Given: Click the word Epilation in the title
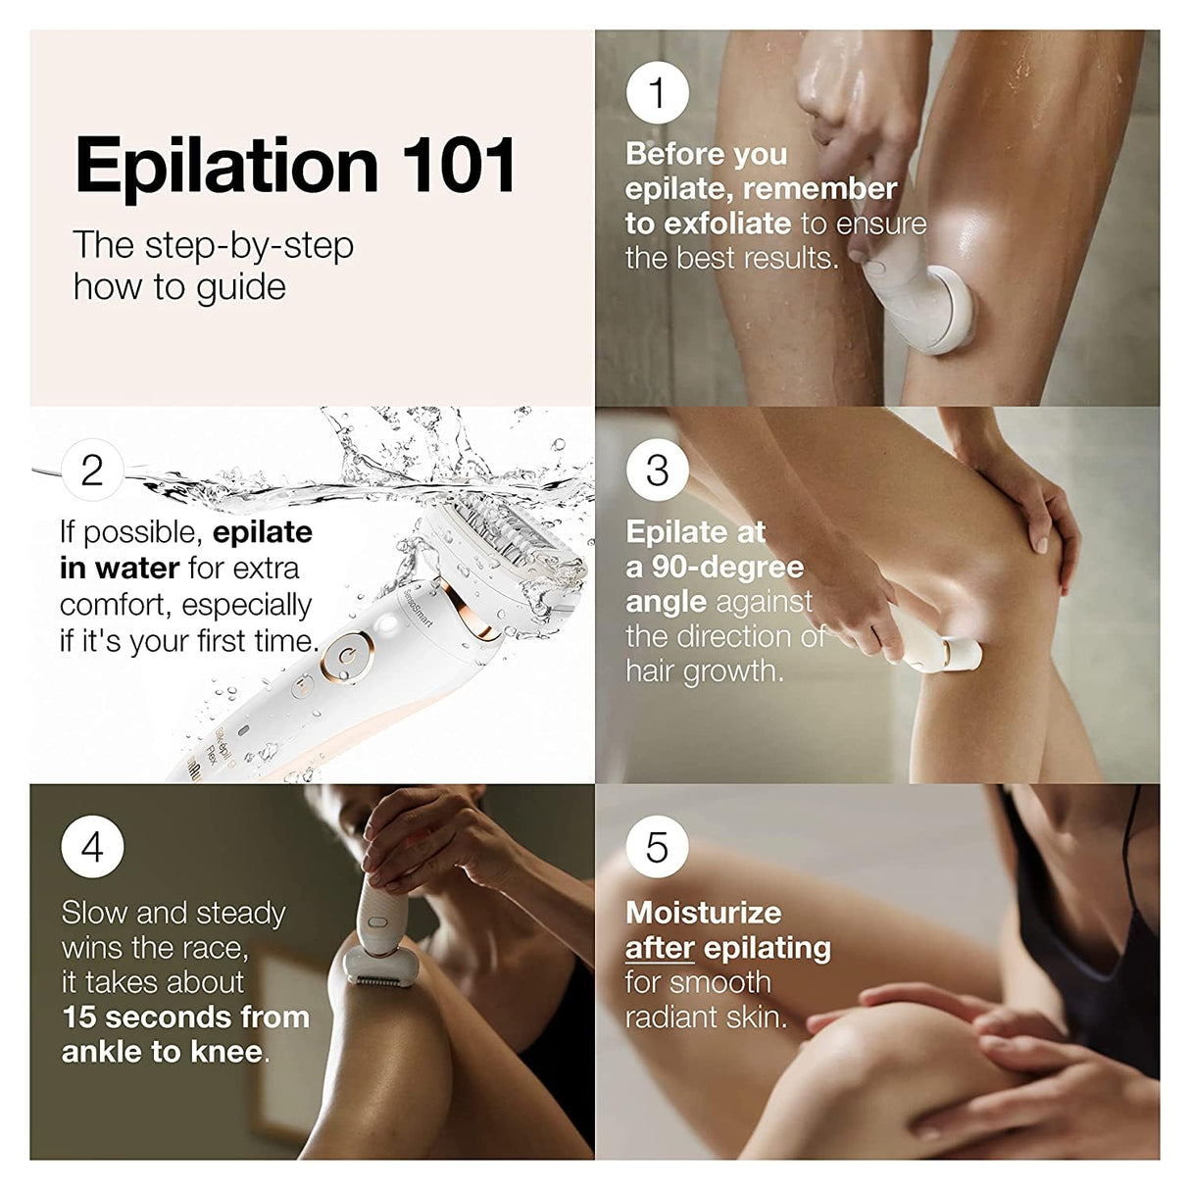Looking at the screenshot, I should tap(226, 168).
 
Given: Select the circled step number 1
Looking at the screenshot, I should tap(657, 93).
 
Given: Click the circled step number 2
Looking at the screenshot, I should tap(92, 471).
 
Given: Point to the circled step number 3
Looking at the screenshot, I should tap(657, 471).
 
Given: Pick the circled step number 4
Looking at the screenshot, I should tap(92, 847).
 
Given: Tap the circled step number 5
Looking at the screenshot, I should tap(657, 847).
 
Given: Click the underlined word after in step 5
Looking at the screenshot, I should tap(660, 948).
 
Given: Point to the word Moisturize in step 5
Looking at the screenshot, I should tap(703, 913).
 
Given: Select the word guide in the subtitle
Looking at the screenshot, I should tap(243, 287).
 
